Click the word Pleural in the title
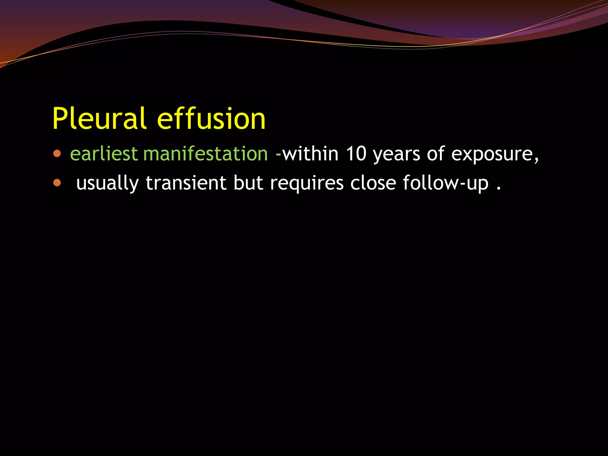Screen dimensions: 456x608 [99, 119]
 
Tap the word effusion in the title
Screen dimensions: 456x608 [211, 119]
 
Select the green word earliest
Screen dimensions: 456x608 [104, 154]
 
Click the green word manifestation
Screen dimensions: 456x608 [205, 154]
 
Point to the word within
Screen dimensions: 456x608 [310, 154]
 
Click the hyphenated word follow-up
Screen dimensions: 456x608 [445, 183]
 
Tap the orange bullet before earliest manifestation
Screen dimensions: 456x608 [57, 154]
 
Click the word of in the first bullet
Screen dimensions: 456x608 [436, 154]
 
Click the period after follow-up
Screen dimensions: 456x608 [499, 189]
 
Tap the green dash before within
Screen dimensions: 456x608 [278, 154]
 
